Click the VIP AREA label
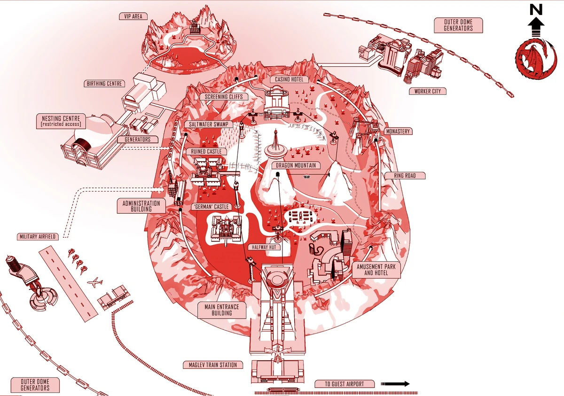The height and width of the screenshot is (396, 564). tap(133, 16)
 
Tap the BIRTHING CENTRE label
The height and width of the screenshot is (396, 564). tap(105, 84)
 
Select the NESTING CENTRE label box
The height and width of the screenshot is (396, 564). tap(60, 121)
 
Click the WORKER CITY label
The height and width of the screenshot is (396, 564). tap(427, 91)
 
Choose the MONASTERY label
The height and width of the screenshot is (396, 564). tap(397, 132)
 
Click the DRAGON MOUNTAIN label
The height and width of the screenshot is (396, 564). tap(295, 165)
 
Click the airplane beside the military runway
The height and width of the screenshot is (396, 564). tap(95, 283)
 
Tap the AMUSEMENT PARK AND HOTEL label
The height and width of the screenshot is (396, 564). tap(376, 269)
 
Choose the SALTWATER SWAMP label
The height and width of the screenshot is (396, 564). tap(208, 124)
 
